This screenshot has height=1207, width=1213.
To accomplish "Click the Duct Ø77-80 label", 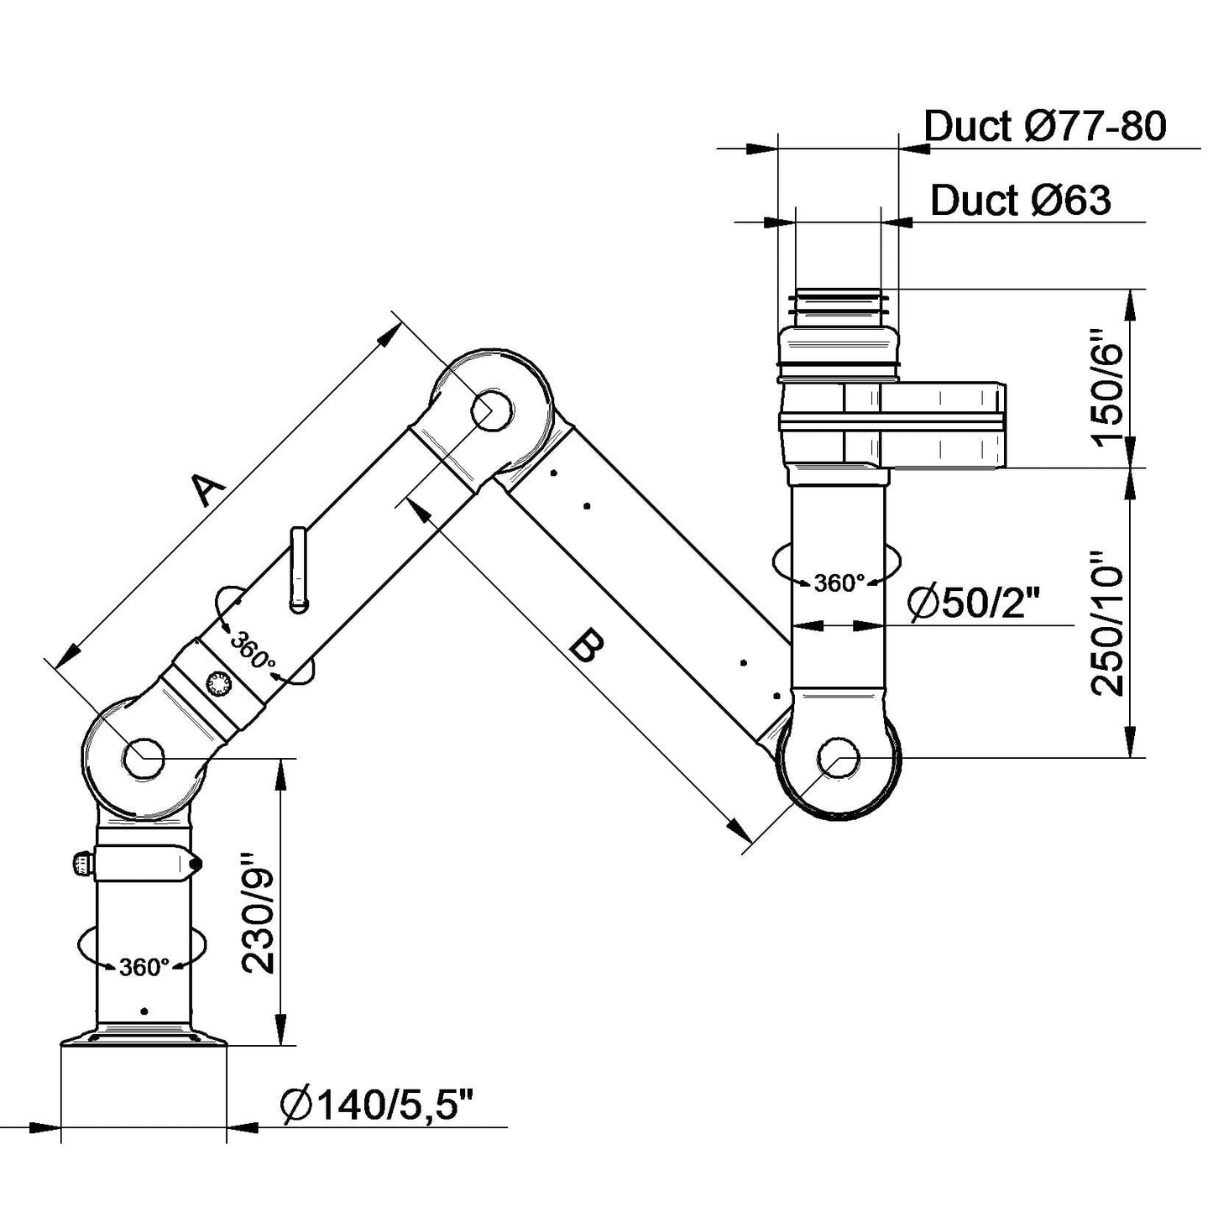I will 1044,127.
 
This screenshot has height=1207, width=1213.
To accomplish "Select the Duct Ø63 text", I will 1020,201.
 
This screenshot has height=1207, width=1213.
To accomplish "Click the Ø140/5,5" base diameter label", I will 378,1105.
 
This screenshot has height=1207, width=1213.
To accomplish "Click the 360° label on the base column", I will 144,967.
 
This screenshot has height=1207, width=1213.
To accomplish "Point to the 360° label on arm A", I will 253,651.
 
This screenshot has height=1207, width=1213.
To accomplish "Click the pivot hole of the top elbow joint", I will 492,410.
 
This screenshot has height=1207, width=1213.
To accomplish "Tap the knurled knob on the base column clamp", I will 81,864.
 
